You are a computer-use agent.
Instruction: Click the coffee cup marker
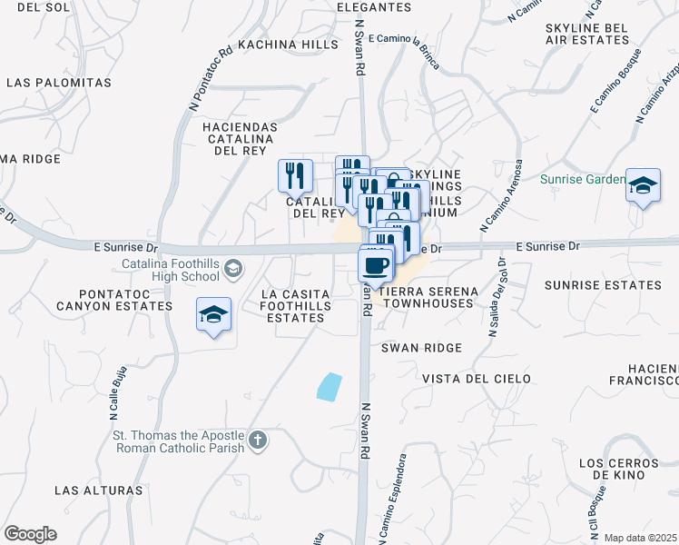pyautogui.click(x=377, y=266)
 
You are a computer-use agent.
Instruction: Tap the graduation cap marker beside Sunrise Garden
pyautogui.click(x=643, y=185)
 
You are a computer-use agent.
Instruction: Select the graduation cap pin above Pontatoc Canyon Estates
pyautogui.click(x=213, y=315)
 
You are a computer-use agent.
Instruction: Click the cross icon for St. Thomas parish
pyautogui.click(x=258, y=441)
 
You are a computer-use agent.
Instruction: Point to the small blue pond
pyautogui.click(x=329, y=386)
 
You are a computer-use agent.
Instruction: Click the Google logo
pyautogui.click(x=30, y=533)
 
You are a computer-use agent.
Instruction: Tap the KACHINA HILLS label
pyautogui.click(x=289, y=43)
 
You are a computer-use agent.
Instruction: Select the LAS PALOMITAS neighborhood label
pyautogui.click(x=59, y=83)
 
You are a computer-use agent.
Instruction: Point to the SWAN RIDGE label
pyautogui.click(x=421, y=348)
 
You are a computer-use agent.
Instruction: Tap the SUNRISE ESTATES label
pyautogui.click(x=603, y=285)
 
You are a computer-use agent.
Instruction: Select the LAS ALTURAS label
pyautogui.click(x=99, y=490)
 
